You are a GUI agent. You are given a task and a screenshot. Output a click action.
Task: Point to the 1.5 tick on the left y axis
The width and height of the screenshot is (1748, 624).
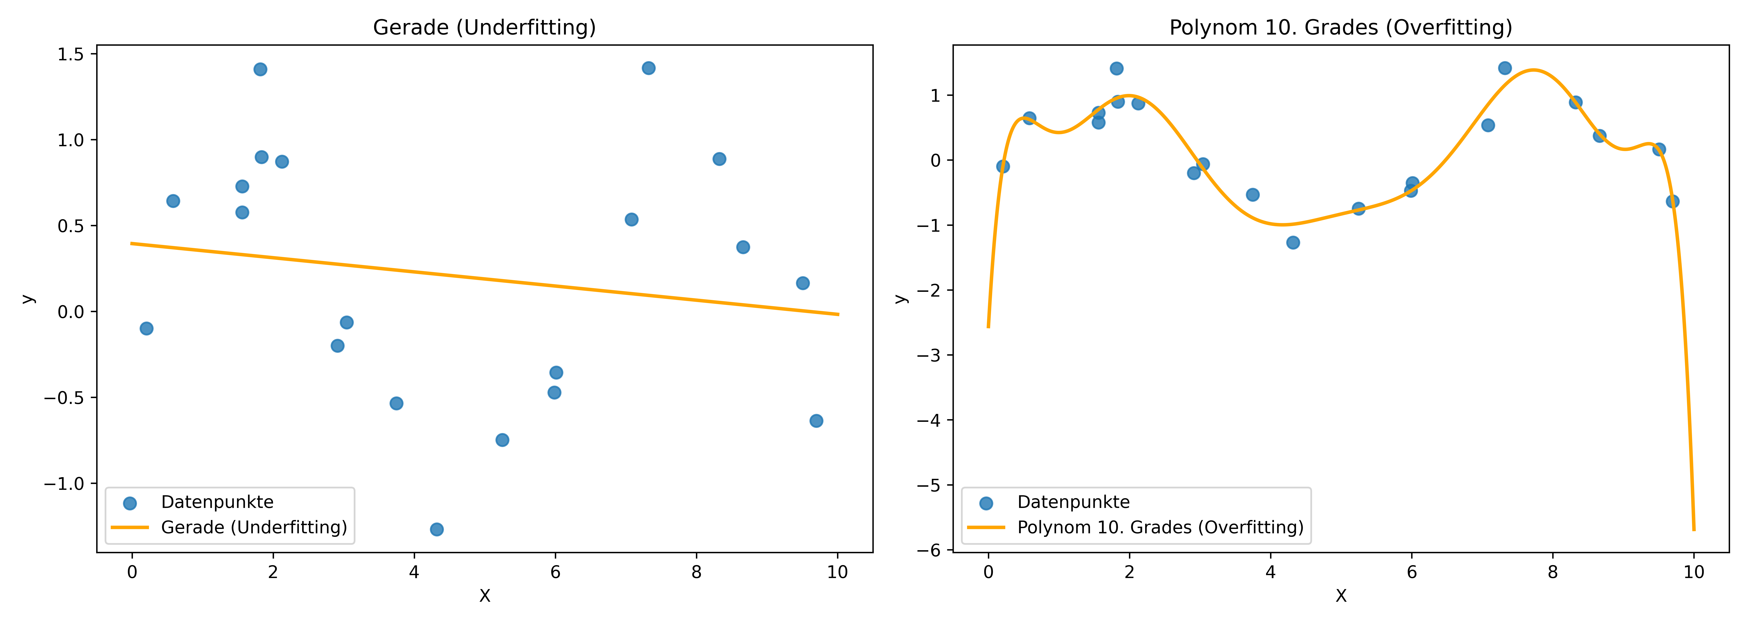point(71,54)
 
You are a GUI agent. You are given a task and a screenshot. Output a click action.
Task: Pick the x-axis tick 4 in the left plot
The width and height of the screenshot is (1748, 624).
point(414,572)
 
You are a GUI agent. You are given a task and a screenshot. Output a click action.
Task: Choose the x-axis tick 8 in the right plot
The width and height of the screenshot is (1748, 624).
point(1553,572)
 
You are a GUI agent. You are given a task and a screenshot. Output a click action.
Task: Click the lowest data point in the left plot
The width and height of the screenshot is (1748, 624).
point(437,529)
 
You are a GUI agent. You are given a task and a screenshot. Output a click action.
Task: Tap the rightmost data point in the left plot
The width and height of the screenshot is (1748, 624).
point(816,421)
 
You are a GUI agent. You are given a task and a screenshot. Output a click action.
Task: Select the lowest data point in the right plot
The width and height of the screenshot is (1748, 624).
point(1293,242)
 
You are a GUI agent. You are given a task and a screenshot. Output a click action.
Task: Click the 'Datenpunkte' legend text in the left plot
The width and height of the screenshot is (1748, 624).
point(217,502)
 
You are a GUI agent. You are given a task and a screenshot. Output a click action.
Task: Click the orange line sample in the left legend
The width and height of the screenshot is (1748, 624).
point(130,527)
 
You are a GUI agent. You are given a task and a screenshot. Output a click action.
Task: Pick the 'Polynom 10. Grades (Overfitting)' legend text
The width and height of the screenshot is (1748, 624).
point(1160,527)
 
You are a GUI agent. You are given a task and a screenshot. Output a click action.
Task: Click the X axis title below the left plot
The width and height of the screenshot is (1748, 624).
point(484,596)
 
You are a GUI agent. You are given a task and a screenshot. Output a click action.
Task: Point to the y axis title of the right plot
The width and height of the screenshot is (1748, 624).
point(901,298)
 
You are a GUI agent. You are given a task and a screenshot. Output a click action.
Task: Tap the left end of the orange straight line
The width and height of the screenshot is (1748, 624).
point(132,244)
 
